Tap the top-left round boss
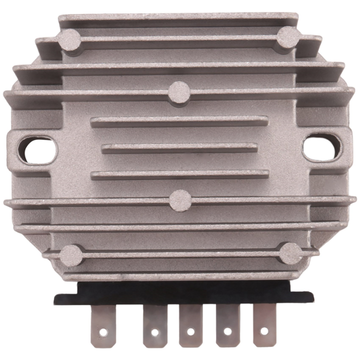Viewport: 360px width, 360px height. (70, 39)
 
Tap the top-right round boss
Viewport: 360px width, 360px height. (288, 37)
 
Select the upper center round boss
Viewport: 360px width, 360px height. (179, 92)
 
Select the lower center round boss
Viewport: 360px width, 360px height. (180, 200)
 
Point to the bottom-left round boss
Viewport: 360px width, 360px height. (71, 255)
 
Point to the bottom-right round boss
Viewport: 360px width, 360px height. (290, 253)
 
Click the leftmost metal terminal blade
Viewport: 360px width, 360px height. (103, 325)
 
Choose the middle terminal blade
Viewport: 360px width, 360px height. (190, 325)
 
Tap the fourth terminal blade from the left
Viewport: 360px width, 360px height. (227, 325)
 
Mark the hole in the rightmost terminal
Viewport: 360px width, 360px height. (264, 330)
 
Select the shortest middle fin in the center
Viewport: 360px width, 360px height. (179, 148)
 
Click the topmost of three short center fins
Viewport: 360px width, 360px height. (179, 121)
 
